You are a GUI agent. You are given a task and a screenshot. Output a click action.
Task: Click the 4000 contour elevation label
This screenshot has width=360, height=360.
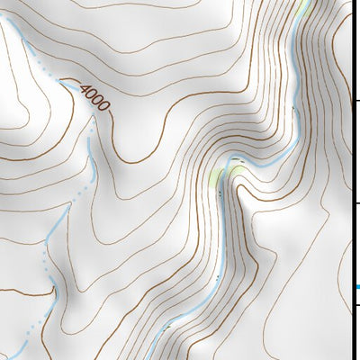click(94, 97)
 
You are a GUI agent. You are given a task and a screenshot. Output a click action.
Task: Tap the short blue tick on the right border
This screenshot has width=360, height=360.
click(357, 287)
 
